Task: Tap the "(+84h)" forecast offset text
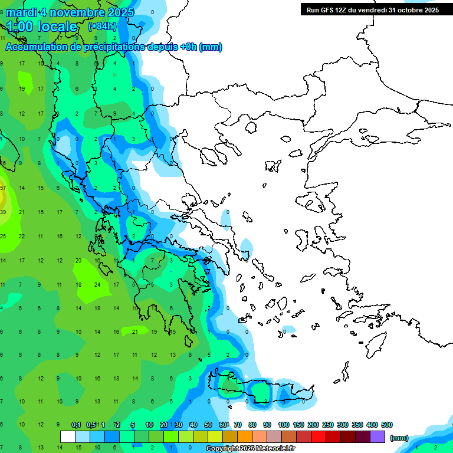click(x=102, y=26)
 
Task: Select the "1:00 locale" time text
click(x=42, y=27)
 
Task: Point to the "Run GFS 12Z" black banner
click(x=372, y=9)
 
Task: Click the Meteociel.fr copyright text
click(x=250, y=449)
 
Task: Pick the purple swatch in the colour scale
click(x=377, y=436)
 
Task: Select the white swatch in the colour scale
click(x=68, y=436)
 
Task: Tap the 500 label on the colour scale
click(x=387, y=425)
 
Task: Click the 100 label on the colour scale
click(x=284, y=425)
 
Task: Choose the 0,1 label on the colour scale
click(x=76, y=425)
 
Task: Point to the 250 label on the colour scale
click(x=328, y=425)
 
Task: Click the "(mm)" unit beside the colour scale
click(x=399, y=438)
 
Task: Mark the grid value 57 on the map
click(x=3, y=188)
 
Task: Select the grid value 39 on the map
click(x=3, y=212)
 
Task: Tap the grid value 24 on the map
click(x=97, y=284)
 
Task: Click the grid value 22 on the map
click(x=22, y=236)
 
